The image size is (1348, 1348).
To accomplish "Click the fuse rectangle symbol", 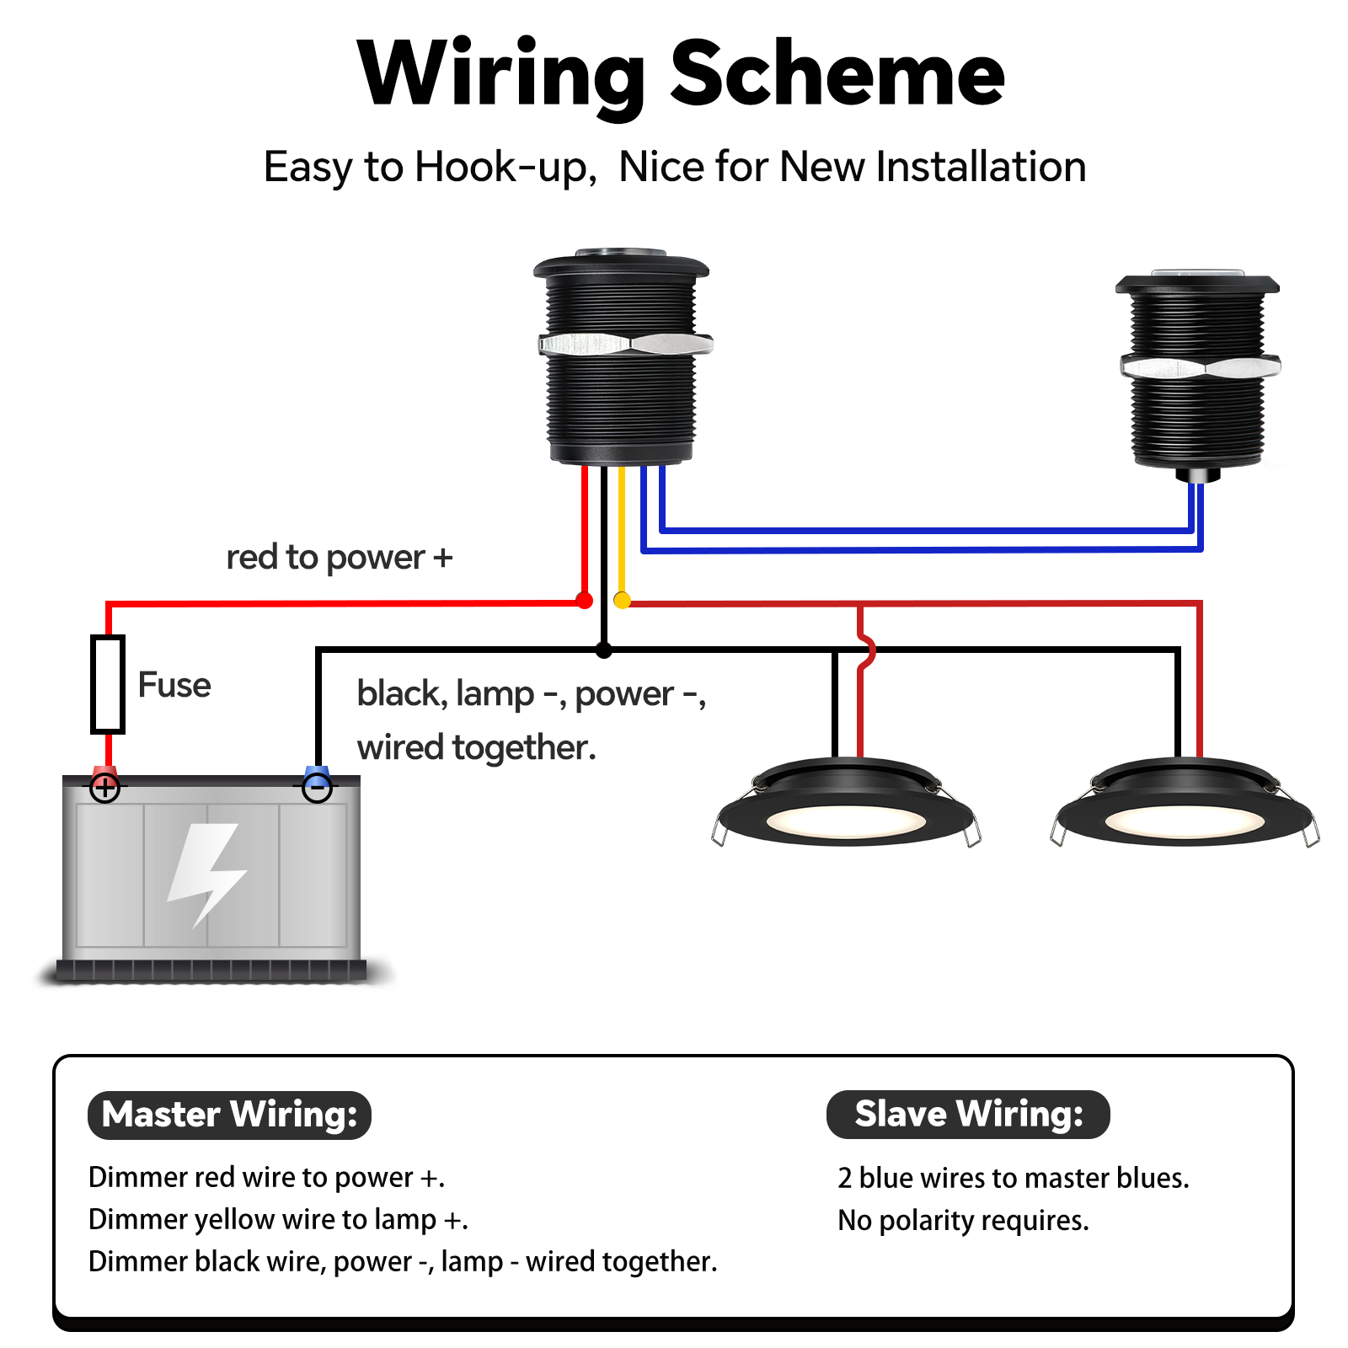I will [x=108, y=684].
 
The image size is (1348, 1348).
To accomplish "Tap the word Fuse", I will [x=174, y=685].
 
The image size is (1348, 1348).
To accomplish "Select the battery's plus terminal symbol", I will [x=105, y=789].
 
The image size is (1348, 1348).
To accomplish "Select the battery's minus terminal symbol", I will [x=317, y=789].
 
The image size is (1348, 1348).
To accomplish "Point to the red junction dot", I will [x=584, y=601].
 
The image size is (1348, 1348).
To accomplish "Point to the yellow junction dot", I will [x=622, y=601].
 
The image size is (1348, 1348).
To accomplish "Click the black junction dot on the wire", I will [x=603, y=650].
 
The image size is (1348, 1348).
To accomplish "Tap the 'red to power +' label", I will [x=340, y=558].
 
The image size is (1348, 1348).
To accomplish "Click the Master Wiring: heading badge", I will [x=229, y=1115].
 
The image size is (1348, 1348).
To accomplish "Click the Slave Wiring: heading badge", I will [x=968, y=1114].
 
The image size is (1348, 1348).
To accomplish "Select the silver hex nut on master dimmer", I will [x=625, y=344].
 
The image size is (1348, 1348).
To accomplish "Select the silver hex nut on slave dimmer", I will [x=1201, y=367].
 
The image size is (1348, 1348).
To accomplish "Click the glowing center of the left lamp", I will [x=845, y=821].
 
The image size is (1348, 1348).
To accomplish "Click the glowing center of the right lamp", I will [x=1184, y=821].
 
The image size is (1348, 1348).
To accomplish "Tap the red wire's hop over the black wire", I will [x=866, y=650].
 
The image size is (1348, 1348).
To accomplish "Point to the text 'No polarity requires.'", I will [x=963, y=1220].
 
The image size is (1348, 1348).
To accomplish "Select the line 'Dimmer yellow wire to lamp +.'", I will [x=278, y=1219].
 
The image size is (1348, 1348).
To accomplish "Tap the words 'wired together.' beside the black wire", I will [x=476, y=747].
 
